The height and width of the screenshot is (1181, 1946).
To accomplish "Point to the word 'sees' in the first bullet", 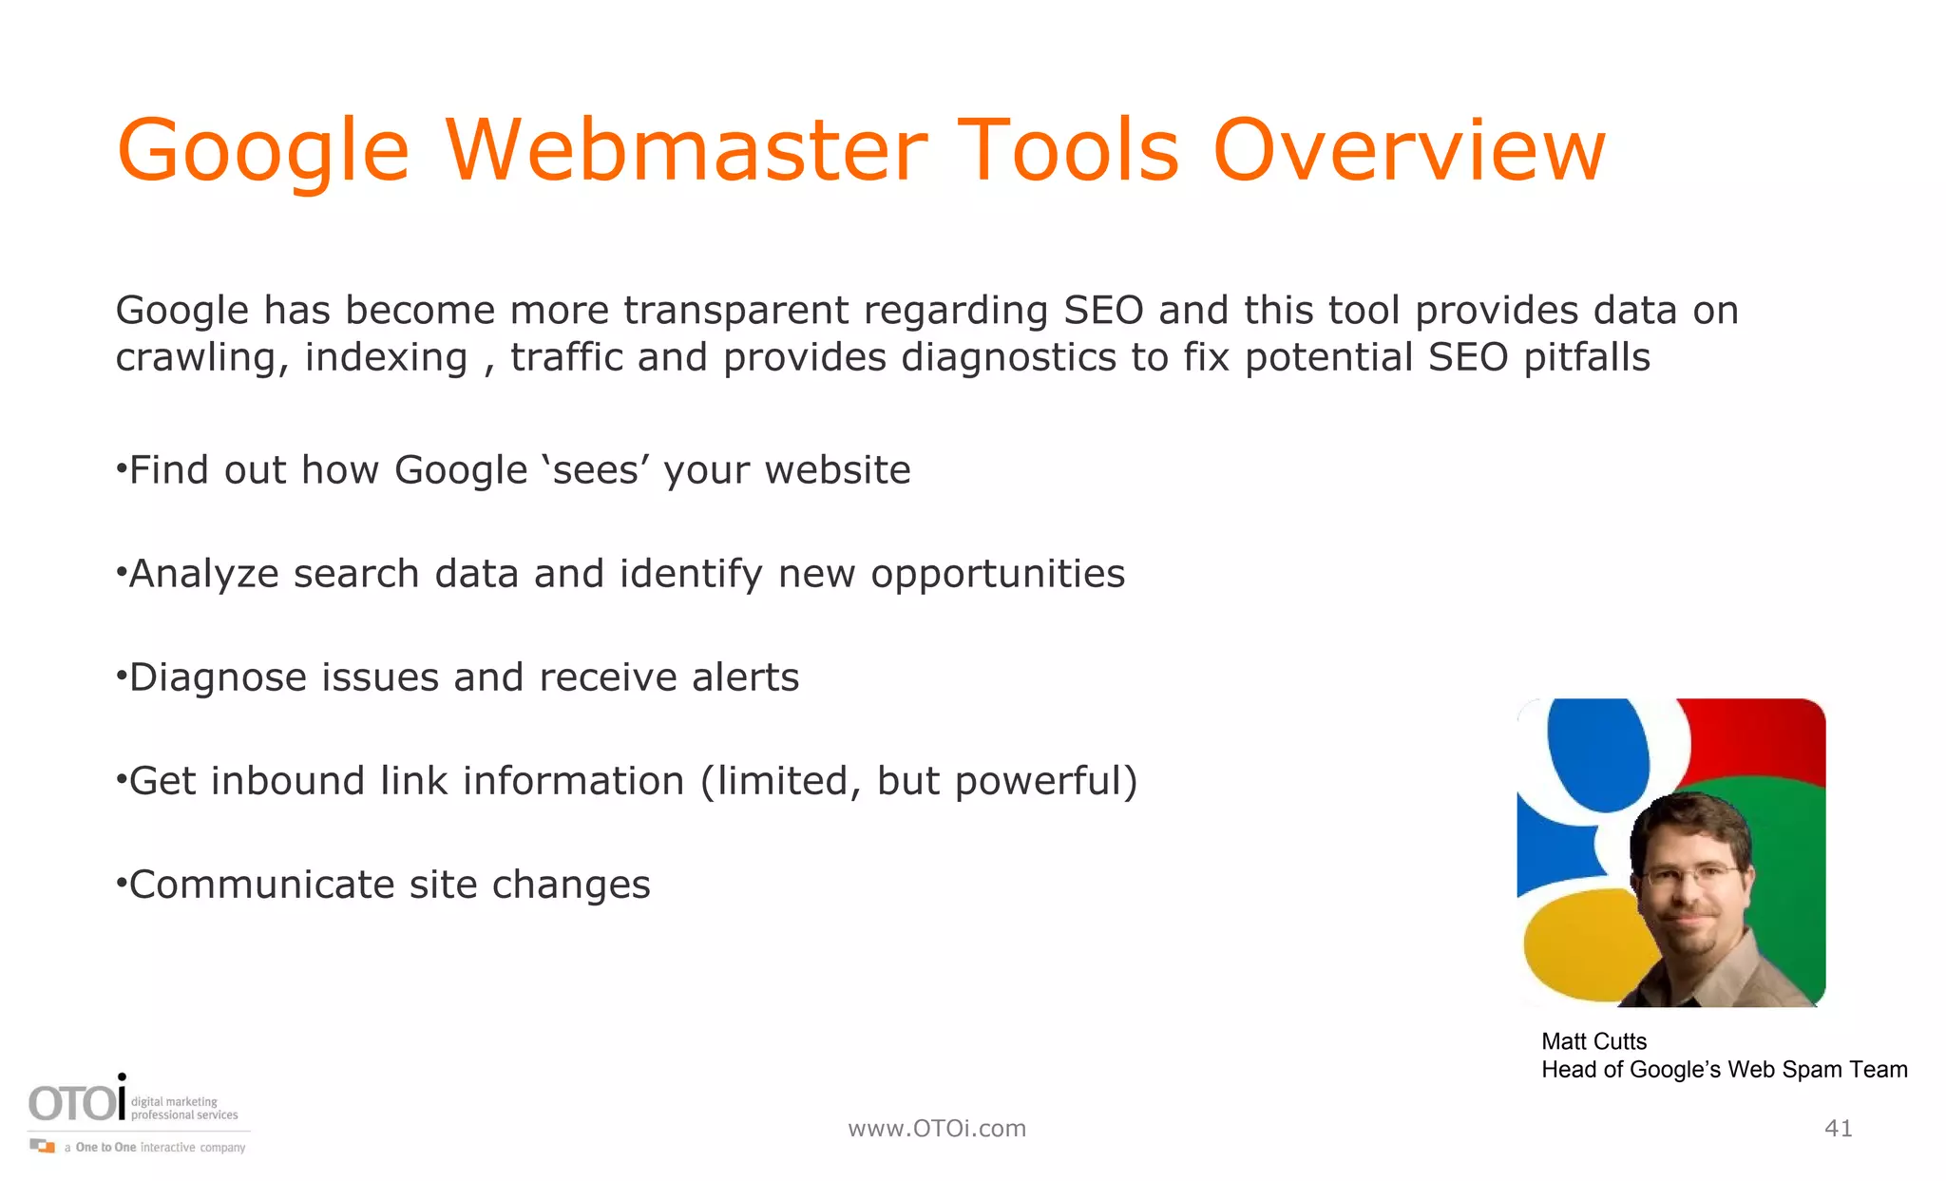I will click(x=595, y=470).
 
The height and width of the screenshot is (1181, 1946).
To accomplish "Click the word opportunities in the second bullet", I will click(x=998, y=575).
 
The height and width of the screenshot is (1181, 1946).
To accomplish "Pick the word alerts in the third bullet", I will click(x=745, y=677).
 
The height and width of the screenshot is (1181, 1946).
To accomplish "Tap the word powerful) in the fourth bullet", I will click(x=1045, y=782).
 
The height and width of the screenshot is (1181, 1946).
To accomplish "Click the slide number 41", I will click(x=1838, y=1128).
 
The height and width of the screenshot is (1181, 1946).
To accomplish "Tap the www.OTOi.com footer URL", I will click(x=937, y=1128).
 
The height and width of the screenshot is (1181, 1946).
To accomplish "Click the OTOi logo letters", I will click(x=76, y=1103).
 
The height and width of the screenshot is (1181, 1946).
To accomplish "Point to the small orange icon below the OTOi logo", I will click(x=43, y=1146).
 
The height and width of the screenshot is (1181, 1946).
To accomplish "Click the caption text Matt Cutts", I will click(x=1593, y=1041).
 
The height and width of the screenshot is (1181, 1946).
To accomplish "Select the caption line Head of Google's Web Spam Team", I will click(x=1724, y=1070).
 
